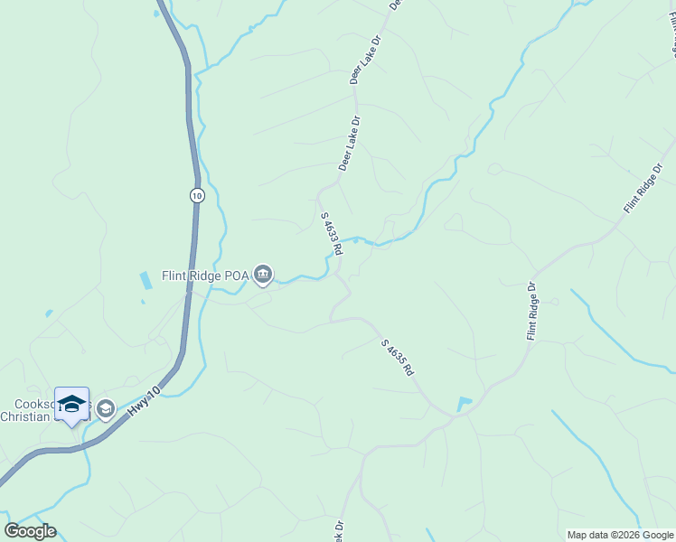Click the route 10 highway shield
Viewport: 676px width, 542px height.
click(x=197, y=194)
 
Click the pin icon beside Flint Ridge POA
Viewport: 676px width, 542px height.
click(x=263, y=274)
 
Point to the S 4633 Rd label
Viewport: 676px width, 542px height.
click(x=331, y=234)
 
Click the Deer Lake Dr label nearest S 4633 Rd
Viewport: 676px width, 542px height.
click(x=350, y=143)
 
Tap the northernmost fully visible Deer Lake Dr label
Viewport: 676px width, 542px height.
click(x=367, y=60)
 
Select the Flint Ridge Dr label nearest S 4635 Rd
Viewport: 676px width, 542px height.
click(x=531, y=312)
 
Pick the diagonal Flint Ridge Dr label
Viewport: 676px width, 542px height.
click(x=643, y=188)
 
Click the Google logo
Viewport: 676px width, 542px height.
click(x=30, y=531)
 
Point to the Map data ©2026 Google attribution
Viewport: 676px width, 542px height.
click(x=620, y=535)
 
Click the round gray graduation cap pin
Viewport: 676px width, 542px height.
click(x=106, y=409)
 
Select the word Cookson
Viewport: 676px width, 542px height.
click(x=34, y=404)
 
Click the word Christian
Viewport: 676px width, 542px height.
click(x=27, y=416)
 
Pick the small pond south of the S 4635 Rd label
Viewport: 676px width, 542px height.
click(x=464, y=404)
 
